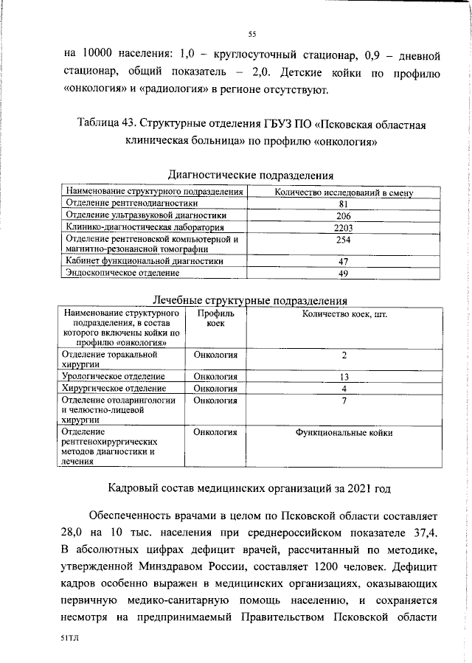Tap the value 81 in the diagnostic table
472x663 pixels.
coord(342,204)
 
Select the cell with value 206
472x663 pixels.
coord(342,216)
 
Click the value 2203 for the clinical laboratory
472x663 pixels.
coord(342,228)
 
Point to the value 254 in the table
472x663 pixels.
coord(342,240)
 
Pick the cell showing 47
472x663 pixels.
coord(342,262)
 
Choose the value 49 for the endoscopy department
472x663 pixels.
coord(342,274)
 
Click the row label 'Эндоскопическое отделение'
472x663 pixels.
coord(122,274)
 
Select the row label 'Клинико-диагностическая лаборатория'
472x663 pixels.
coord(133,228)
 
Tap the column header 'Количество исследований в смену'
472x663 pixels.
coord(342,192)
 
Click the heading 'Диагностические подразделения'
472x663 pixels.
coord(251,176)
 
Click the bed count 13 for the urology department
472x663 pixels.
coord(344,377)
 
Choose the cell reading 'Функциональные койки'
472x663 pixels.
coord(344,433)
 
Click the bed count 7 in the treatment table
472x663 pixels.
coord(344,400)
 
